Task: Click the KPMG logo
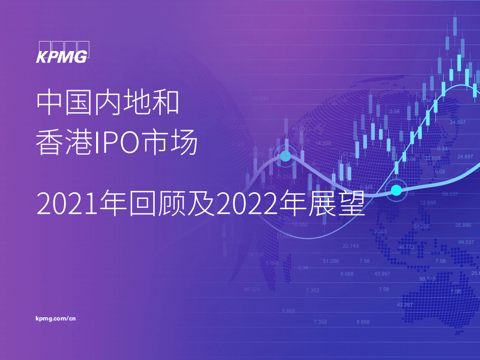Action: (x=62, y=52)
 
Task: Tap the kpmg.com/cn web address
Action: (x=56, y=318)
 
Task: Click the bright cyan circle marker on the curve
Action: (x=396, y=190)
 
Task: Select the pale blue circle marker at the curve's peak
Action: (x=285, y=156)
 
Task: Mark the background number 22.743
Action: (x=350, y=246)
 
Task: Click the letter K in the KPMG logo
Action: (x=43, y=57)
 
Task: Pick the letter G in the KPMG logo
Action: (x=82, y=57)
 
